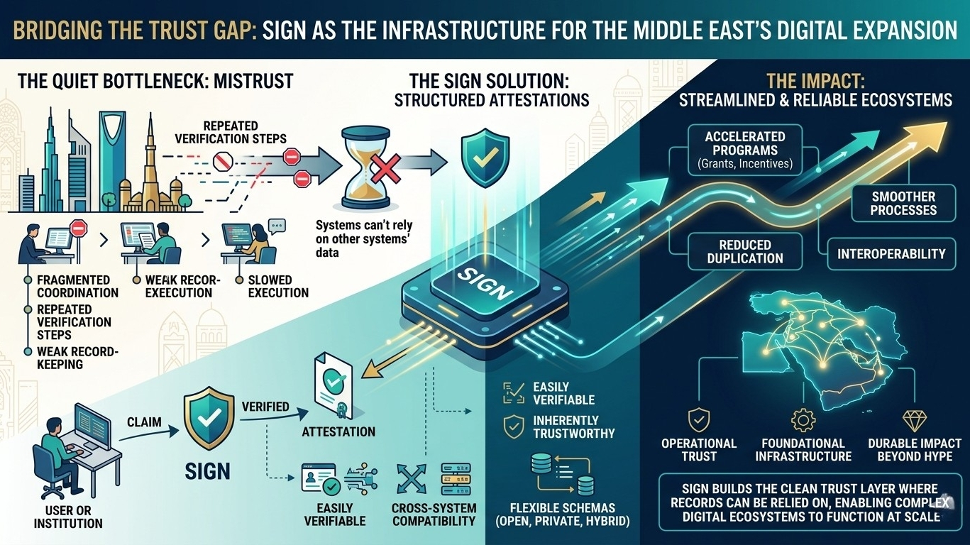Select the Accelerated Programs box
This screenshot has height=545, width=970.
pyautogui.click(x=744, y=150)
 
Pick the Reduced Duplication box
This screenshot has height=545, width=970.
pyautogui.click(x=744, y=251)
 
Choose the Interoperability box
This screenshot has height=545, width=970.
pyautogui.click(x=891, y=253)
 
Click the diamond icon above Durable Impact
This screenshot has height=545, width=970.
pyautogui.click(x=910, y=419)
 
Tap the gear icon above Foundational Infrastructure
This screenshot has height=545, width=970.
pyautogui.click(x=803, y=419)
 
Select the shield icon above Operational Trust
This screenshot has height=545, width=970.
pyautogui.click(x=699, y=419)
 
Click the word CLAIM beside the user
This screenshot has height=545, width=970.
pyautogui.click(x=144, y=422)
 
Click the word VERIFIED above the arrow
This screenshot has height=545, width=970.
pyautogui.click(x=265, y=407)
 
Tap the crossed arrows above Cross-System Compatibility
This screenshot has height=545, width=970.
pyautogui.click(x=410, y=480)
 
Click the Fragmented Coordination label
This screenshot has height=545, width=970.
pyautogui.click(x=78, y=286)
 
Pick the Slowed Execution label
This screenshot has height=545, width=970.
pyautogui.click(x=278, y=286)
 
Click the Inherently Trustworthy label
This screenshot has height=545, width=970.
pyautogui.click(x=565, y=426)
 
